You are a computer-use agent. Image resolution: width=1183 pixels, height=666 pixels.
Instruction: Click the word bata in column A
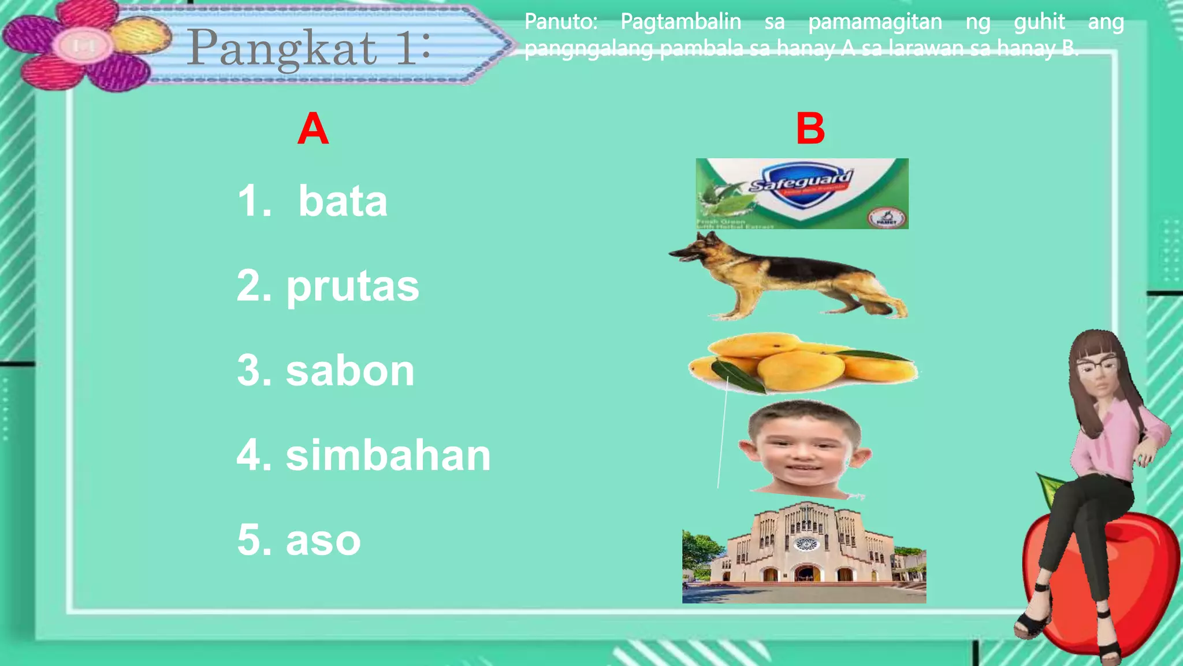tap(343, 201)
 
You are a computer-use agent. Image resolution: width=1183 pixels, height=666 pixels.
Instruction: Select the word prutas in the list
tap(352, 286)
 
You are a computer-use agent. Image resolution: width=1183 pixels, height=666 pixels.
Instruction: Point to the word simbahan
tap(388, 456)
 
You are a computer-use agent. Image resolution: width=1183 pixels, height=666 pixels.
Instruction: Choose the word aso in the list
tap(323, 541)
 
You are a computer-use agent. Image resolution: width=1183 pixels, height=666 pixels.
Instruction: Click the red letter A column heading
tap(313, 129)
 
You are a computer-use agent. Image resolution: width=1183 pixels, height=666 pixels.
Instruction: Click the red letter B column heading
tap(810, 129)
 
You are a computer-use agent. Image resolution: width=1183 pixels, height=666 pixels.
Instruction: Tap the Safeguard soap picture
tap(802, 193)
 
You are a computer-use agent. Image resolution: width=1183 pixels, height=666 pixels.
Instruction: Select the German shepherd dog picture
tap(791, 276)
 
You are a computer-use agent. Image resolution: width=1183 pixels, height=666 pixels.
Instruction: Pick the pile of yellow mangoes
tap(803, 363)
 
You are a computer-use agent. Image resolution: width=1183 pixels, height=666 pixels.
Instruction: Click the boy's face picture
tap(805, 448)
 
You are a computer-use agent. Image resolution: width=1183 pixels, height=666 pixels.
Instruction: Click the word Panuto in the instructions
tap(560, 22)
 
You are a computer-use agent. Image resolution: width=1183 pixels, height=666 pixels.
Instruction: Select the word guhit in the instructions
tap(1039, 22)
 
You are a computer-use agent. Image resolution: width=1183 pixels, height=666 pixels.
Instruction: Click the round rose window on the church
tap(806, 543)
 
